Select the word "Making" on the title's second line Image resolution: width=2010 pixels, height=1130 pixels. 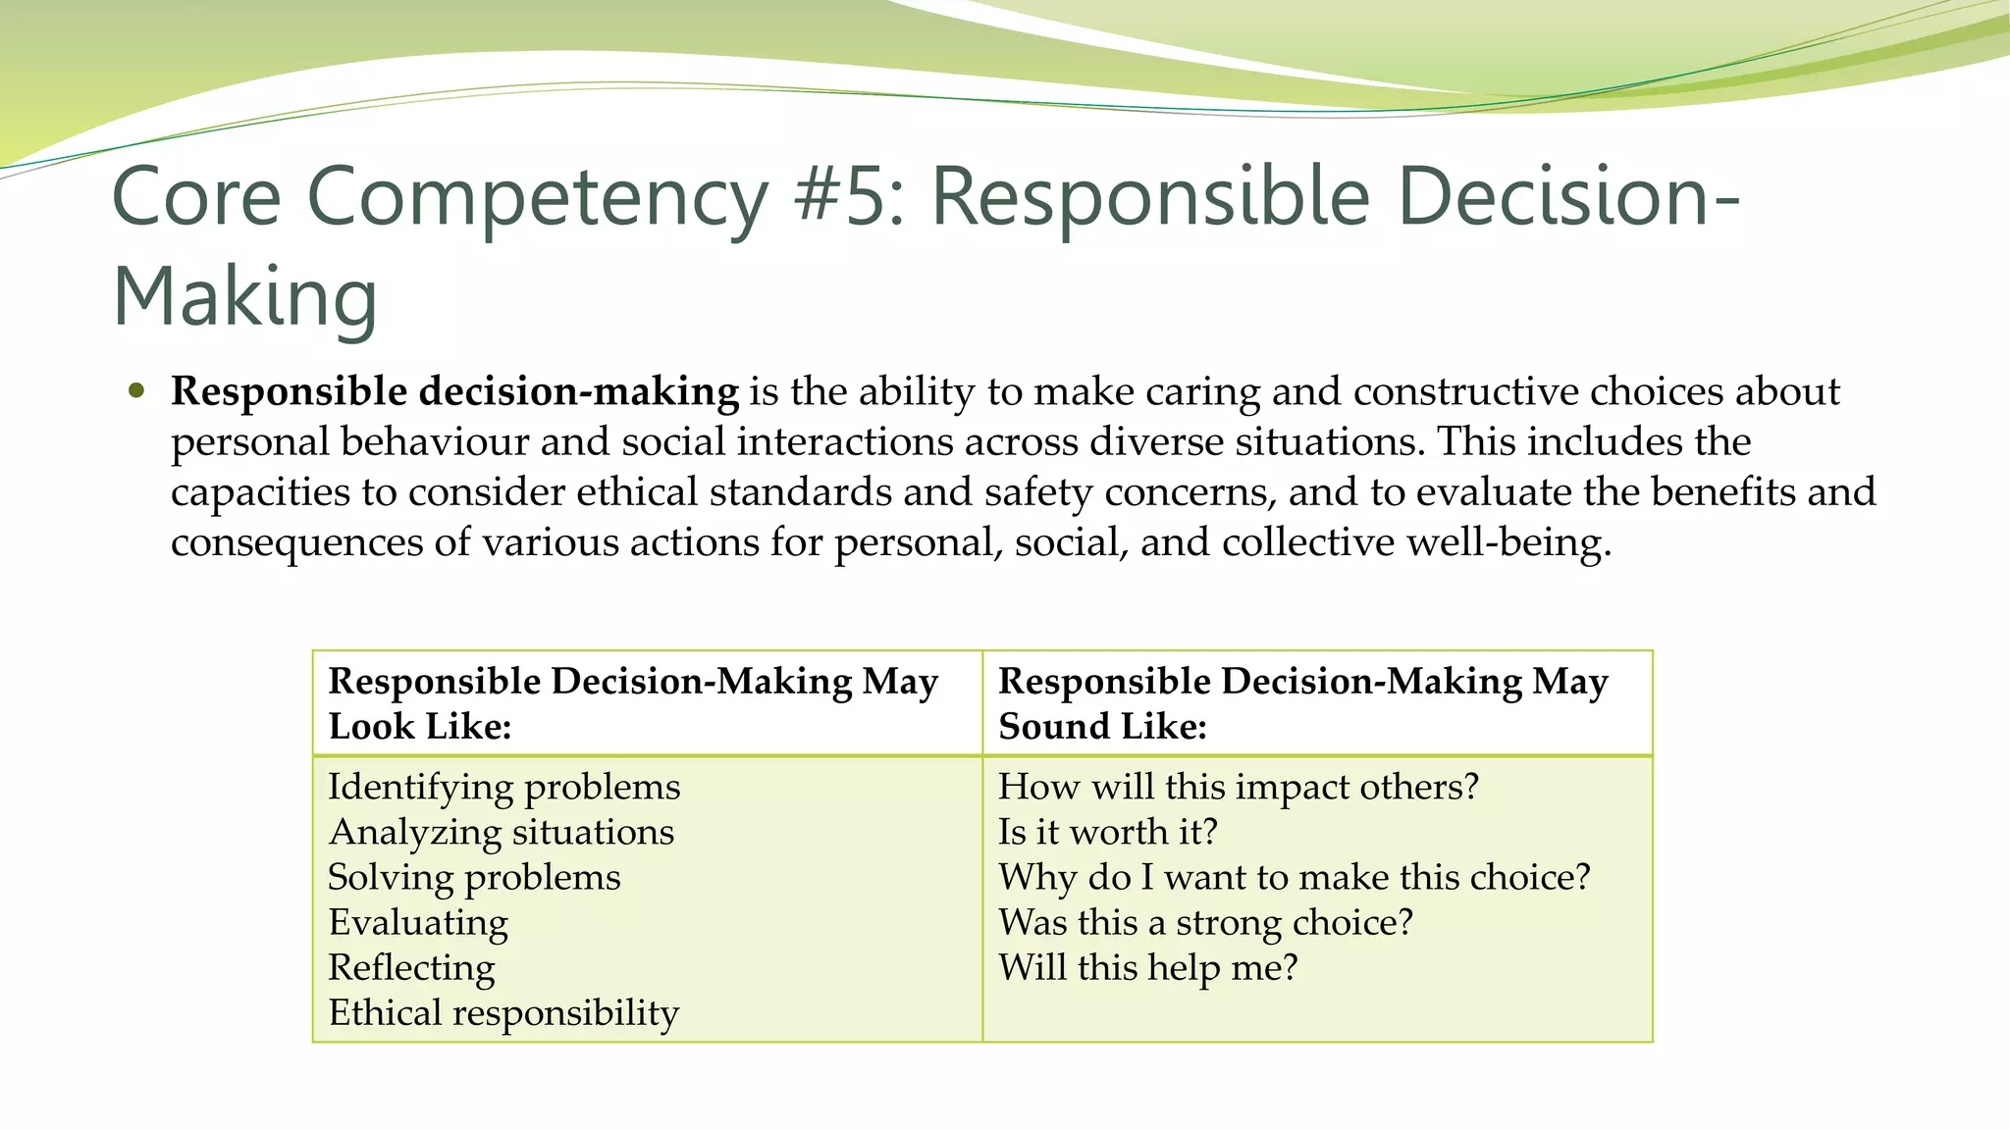point(244,296)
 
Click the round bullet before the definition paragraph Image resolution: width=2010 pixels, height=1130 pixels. point(136,391)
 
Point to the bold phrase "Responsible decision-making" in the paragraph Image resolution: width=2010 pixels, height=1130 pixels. point(454,391)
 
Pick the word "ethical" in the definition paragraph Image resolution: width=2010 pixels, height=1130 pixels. point(637,491)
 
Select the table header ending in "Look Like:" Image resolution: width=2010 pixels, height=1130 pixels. point(633,703)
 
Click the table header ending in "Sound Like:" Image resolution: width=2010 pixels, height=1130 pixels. point(1302,703)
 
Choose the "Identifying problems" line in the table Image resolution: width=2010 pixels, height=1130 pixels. point(503,787)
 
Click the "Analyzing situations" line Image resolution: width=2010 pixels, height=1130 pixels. point(502,832)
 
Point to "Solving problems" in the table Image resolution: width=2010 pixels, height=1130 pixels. point(474,877)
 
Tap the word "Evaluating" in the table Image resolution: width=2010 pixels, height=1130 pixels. point(418,922)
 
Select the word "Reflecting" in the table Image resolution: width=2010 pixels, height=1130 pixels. point(411,967)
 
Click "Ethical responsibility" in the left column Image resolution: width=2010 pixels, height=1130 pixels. point(503,1012)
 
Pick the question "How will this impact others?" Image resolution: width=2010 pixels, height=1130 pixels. point(1238,787)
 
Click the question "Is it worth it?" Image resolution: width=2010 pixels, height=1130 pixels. point(1107,832)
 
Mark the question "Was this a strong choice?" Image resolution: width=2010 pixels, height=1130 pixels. point(1205,922)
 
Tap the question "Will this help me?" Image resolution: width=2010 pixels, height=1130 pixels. point(1147,967)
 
